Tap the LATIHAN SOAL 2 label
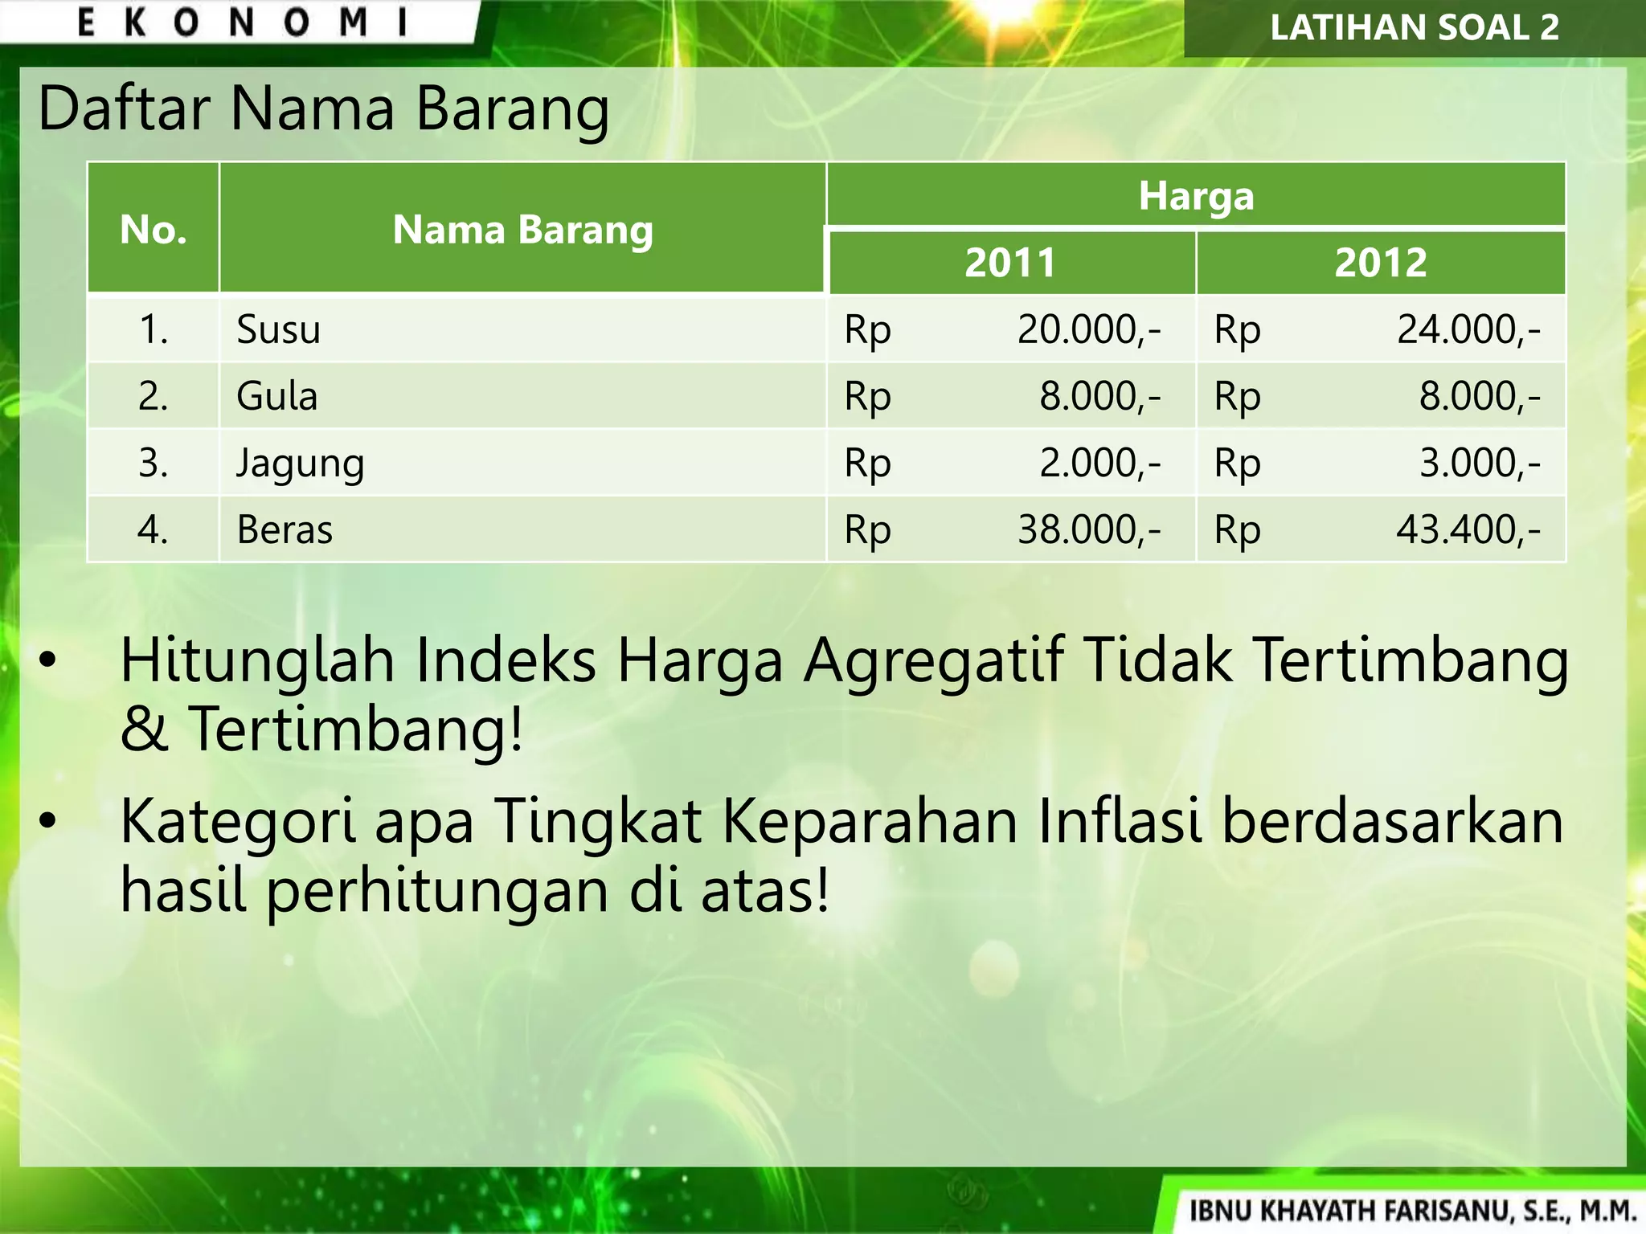(1415, 27)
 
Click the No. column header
(153, 230)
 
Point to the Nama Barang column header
(522, 230)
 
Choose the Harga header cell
(1196, 196)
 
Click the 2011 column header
(1010, 263)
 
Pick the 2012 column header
(1381, 263)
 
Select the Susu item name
(278, 329)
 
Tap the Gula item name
(276, 396)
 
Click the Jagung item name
(300, 464)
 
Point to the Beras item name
(285, 530)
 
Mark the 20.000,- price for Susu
(1089, 329)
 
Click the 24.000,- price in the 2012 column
(1468, 329)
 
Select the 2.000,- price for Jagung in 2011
(1100, 464)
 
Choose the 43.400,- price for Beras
(1468, 530)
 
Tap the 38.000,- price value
(1089, 530)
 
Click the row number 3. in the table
(153, 464)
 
